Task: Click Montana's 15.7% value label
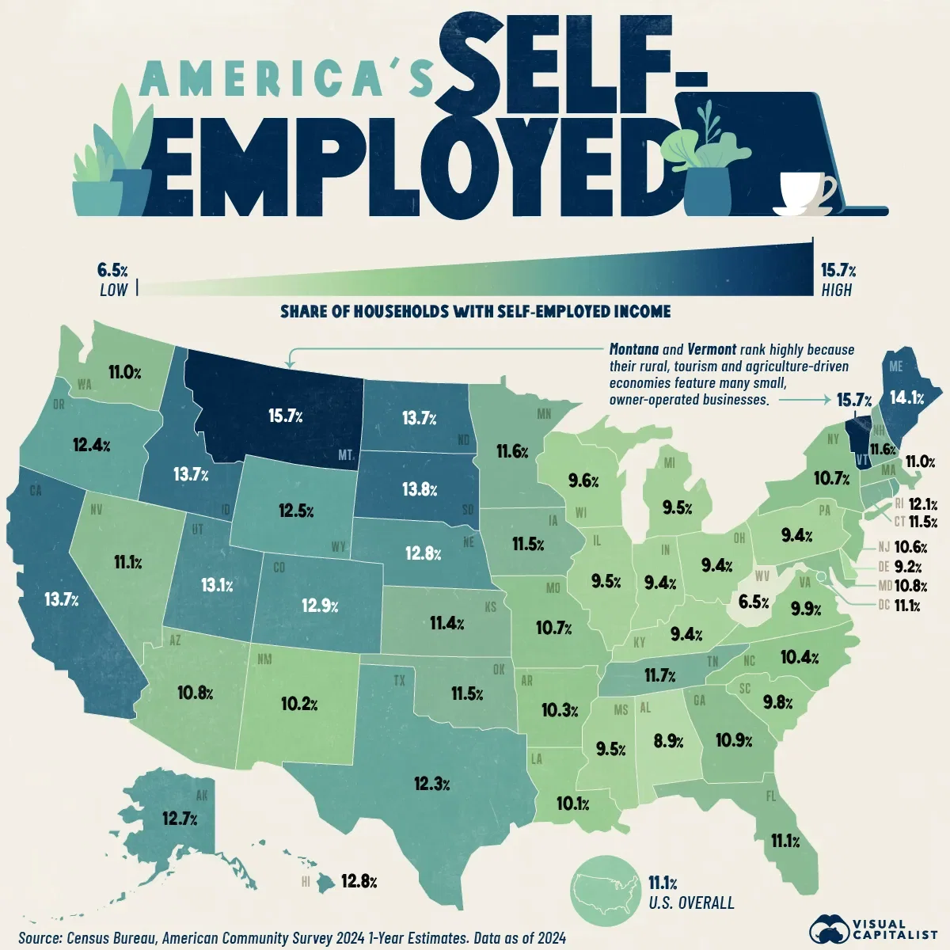coord(285,416)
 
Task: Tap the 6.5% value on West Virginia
coord(753,602)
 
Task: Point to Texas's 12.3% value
coord(431,784)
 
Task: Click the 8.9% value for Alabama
coord(669,741)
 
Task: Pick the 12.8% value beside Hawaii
coord(358,880)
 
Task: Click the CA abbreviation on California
coord(35,491)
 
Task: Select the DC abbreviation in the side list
coord(883,606)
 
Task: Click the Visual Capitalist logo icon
coord(829,929)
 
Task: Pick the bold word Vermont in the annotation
coord(712,349)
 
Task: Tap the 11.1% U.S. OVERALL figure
coord(663,882)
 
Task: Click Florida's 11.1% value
coord(785,841)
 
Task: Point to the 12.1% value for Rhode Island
coord(923,504)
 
